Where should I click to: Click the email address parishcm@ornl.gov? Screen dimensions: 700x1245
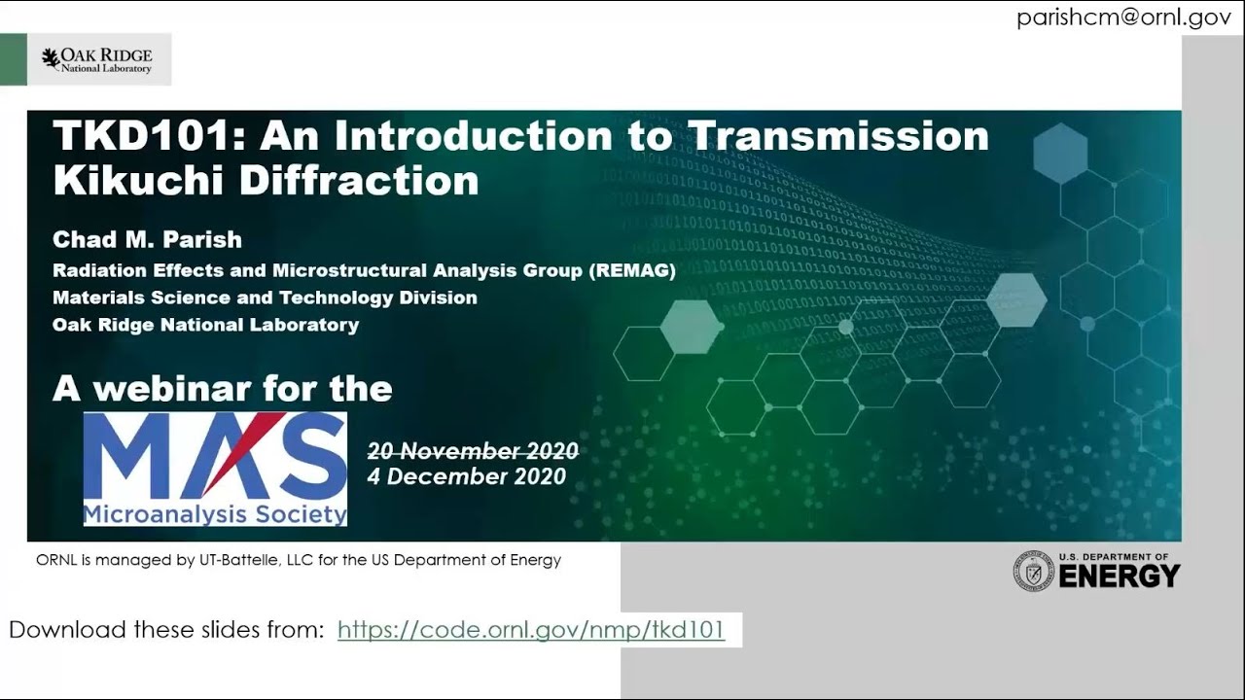click(1123, 18)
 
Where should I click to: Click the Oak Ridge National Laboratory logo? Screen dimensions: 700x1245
click(97, 60)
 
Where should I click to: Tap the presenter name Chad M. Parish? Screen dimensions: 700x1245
click(147, 239)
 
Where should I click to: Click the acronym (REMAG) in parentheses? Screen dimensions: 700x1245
click(631, 270)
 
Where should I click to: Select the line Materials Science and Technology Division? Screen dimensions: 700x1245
click(265, 297)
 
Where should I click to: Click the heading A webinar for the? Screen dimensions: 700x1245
click(223, 389)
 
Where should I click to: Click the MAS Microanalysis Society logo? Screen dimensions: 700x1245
click(215, 469)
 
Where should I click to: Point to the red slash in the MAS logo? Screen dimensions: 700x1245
click(231, 453)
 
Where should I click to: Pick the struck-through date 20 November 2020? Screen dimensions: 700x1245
click(473, 451)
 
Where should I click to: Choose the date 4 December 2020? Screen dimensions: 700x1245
click(466, 476)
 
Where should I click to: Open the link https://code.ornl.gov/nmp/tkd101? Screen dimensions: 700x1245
click(531, 630)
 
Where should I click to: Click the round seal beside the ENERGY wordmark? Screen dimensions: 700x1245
click(1033, 571)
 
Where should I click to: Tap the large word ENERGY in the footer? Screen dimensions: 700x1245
click(1119, 577)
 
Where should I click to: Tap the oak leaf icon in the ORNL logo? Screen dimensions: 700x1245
click(51, 58)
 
